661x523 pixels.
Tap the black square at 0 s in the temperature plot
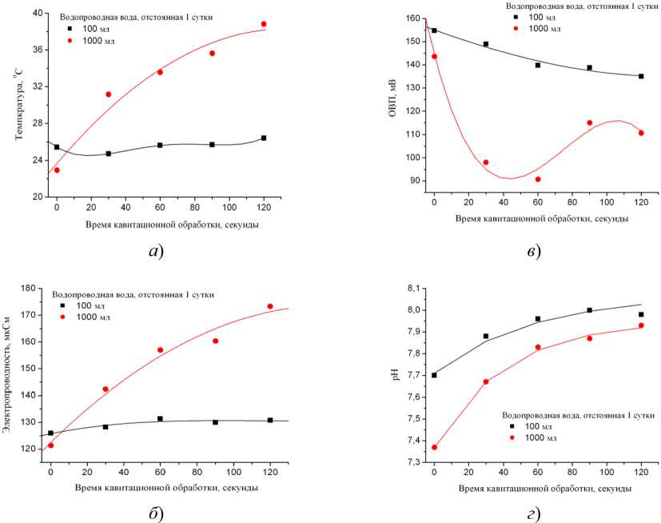tap(57, 147)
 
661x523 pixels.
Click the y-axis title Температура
tap(17, 105)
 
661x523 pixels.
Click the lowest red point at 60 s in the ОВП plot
tap(538, 179)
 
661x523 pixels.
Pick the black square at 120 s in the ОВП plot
tap(641, 77)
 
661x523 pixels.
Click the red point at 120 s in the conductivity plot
tap(270, 306)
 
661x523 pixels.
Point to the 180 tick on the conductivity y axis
tap(33, 289)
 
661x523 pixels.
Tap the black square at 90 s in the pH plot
tap(590, 310)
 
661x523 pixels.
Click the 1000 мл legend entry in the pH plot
tap(537, 438)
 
